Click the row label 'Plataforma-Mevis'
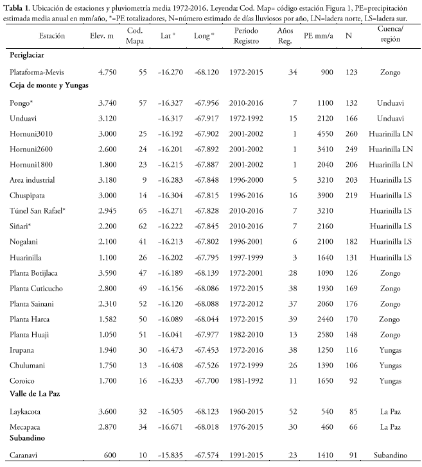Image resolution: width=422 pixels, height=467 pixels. click(x=41, y=72)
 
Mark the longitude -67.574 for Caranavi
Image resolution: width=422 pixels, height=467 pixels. click(x=205, y=455)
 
